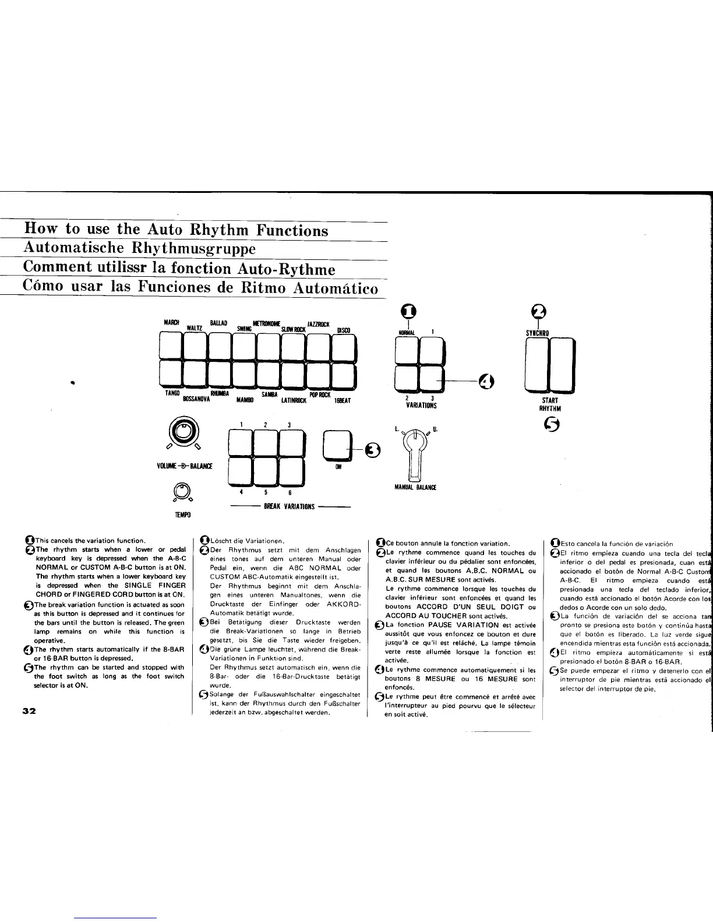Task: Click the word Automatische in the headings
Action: click(73, 248)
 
